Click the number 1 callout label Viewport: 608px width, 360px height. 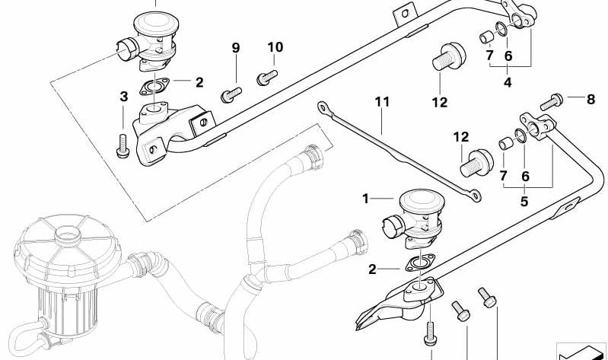point(365,199)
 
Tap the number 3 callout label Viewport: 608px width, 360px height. point(123,96)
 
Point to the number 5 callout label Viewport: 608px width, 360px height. point(524,202)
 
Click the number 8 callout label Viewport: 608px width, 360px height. point(590,98)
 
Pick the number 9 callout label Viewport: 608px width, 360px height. point(235,48)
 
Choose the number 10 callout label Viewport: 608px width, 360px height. point(275,47)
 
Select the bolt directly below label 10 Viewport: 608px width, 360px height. point(267,75)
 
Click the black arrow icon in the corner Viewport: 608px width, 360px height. point(581,352)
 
